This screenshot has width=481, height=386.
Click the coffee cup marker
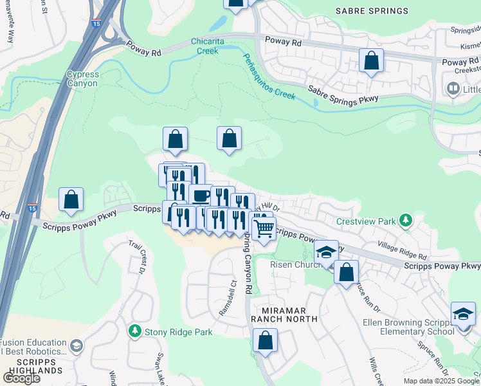coord(201,195)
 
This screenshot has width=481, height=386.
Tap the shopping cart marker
coord(264,228)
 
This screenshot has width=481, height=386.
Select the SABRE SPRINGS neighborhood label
coord(372,11)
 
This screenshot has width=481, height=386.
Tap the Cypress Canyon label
coord(82,79)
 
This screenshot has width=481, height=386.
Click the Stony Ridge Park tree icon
coord(135,331)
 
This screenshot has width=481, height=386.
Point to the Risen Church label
coord(292,265)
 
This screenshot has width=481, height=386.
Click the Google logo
coord(21,378)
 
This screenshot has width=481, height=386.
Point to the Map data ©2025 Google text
coord(441,381)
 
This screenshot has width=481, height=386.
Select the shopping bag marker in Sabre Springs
coord(372,62)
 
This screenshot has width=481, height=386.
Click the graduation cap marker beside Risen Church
coord(326,252)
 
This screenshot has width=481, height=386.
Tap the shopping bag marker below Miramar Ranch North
coord(265,340)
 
